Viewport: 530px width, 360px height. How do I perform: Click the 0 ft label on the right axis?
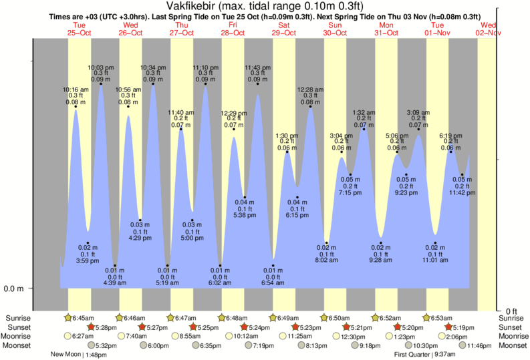click(511, 311)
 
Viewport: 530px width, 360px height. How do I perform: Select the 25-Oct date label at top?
click(79, 33)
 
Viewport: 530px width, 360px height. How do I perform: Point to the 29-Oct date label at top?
click(284, 33)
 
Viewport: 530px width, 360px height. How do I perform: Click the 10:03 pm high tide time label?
click(101, 67)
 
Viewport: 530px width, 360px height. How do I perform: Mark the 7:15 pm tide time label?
click(350, 193)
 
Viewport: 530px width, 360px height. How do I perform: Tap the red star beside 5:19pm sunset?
click(449, 327)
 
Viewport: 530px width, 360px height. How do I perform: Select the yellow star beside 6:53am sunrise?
click(427, 317)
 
